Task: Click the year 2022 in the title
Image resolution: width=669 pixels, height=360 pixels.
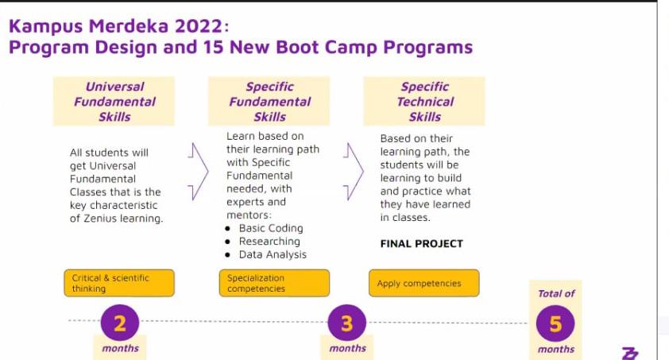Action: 199,26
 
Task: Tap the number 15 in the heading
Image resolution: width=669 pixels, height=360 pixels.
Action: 213,47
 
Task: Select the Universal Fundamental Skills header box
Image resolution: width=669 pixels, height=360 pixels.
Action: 114,102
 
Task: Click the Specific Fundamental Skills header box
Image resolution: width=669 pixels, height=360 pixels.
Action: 269,102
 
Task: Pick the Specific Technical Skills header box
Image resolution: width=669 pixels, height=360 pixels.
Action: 424,102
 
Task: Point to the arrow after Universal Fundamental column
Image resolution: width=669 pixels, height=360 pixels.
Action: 200,172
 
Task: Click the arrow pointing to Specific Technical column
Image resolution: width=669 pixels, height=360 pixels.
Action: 356,172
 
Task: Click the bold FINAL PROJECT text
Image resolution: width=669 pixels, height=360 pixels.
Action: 422,243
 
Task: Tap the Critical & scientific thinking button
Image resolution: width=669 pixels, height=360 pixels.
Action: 119,283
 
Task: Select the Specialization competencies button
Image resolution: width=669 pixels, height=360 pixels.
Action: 274,283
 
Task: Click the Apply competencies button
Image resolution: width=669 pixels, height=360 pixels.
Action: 424,283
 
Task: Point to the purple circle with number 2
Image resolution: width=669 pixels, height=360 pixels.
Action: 120,323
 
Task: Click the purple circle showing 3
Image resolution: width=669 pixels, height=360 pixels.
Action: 347,323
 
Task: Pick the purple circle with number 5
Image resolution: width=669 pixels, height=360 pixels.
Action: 555,323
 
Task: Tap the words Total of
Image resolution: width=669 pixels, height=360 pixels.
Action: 556,293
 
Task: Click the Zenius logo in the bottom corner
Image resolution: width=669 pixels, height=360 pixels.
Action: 630,353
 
